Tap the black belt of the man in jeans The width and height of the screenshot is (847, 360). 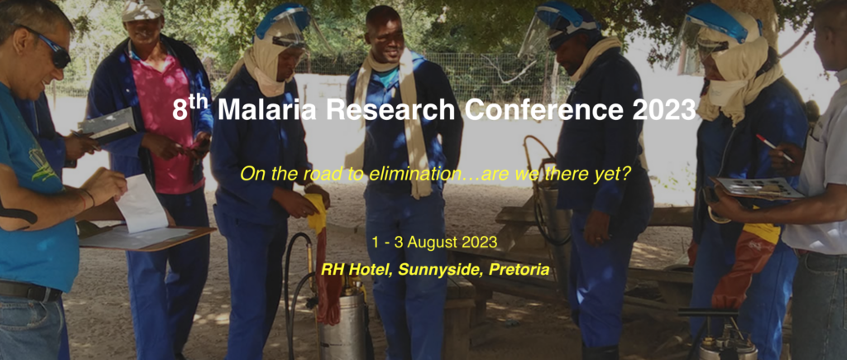pyautogui.click(x=29, y=290)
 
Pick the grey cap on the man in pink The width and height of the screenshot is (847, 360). pyautogui.click(x=142, y=9)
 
